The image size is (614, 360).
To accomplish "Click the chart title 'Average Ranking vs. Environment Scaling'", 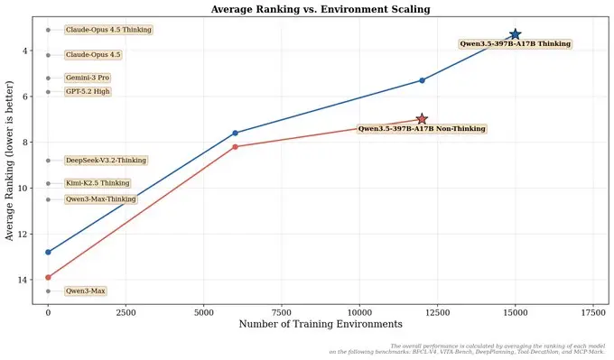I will pyautogui.click(x=321, y=9).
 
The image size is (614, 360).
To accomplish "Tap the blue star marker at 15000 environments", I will pyautogui.click(x=515, y=34).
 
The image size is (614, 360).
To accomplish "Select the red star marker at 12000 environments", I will pyautogui.click(x=422, y=119).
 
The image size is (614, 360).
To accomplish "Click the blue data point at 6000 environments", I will pyautogui.click(x=235, y=133).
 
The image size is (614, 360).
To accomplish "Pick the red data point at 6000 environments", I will pyautogui.click(x=235, y=146).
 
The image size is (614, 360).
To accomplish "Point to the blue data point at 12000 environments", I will pyautogui.click(x=422, y=80).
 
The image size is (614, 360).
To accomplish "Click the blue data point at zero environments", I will pyautogui.click(x=48, y=252).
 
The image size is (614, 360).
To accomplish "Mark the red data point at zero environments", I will pyautogui.click(x=48, y=277).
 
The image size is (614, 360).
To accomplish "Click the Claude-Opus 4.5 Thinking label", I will pyautogui.click(x=108, y=30).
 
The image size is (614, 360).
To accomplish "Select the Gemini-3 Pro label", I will pyautogui.click(x=88, y=78).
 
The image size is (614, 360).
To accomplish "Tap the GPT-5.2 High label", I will pyautogui.click(x=88, y=91).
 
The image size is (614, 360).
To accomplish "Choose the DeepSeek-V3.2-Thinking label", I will pyautogui.click(x=106, y=161).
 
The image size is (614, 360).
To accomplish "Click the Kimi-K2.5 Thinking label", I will pyautogui.click(x=98, y=183).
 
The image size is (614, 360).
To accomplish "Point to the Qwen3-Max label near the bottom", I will pyautogui.click(x=86, y=291).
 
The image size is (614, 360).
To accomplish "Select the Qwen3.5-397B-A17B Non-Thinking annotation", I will pyautogui.click(x=422, y=129).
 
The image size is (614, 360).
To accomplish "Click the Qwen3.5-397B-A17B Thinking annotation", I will pyautogui.click(x=515, y=43).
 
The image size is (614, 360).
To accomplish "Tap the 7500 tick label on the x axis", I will pyautogui.click(x=282, y=310).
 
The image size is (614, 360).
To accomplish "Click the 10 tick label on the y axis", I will pyautogui.click(x=33, y=188).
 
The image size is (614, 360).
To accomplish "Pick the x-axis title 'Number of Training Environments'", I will pyautogui.click(x=321, y=324).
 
